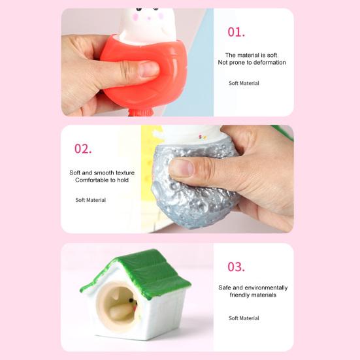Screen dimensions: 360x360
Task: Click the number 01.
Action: click(x=237, y=32)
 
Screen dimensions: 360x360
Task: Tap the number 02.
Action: click(x=83, y=148)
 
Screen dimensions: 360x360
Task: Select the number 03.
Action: click(x=237, y=267)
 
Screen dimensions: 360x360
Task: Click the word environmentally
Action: click(x=265, y=287)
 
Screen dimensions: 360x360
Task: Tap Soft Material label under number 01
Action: click(x=244, y=83)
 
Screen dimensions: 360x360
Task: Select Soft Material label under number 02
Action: click(x=91, y=200)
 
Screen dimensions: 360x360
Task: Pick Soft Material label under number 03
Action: click(x=244, y=318)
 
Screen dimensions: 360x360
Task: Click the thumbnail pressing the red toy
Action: click(x=148, y=69)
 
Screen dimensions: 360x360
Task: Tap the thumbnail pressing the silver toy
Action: click(x=182, y=168)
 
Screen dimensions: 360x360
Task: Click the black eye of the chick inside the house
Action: click(x=131, y=300)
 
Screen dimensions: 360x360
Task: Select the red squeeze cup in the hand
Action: click(x=144, y=73)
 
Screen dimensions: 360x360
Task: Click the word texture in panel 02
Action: click(x=125, y=172)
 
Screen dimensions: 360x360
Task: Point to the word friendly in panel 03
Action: click(x=240, y=295)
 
